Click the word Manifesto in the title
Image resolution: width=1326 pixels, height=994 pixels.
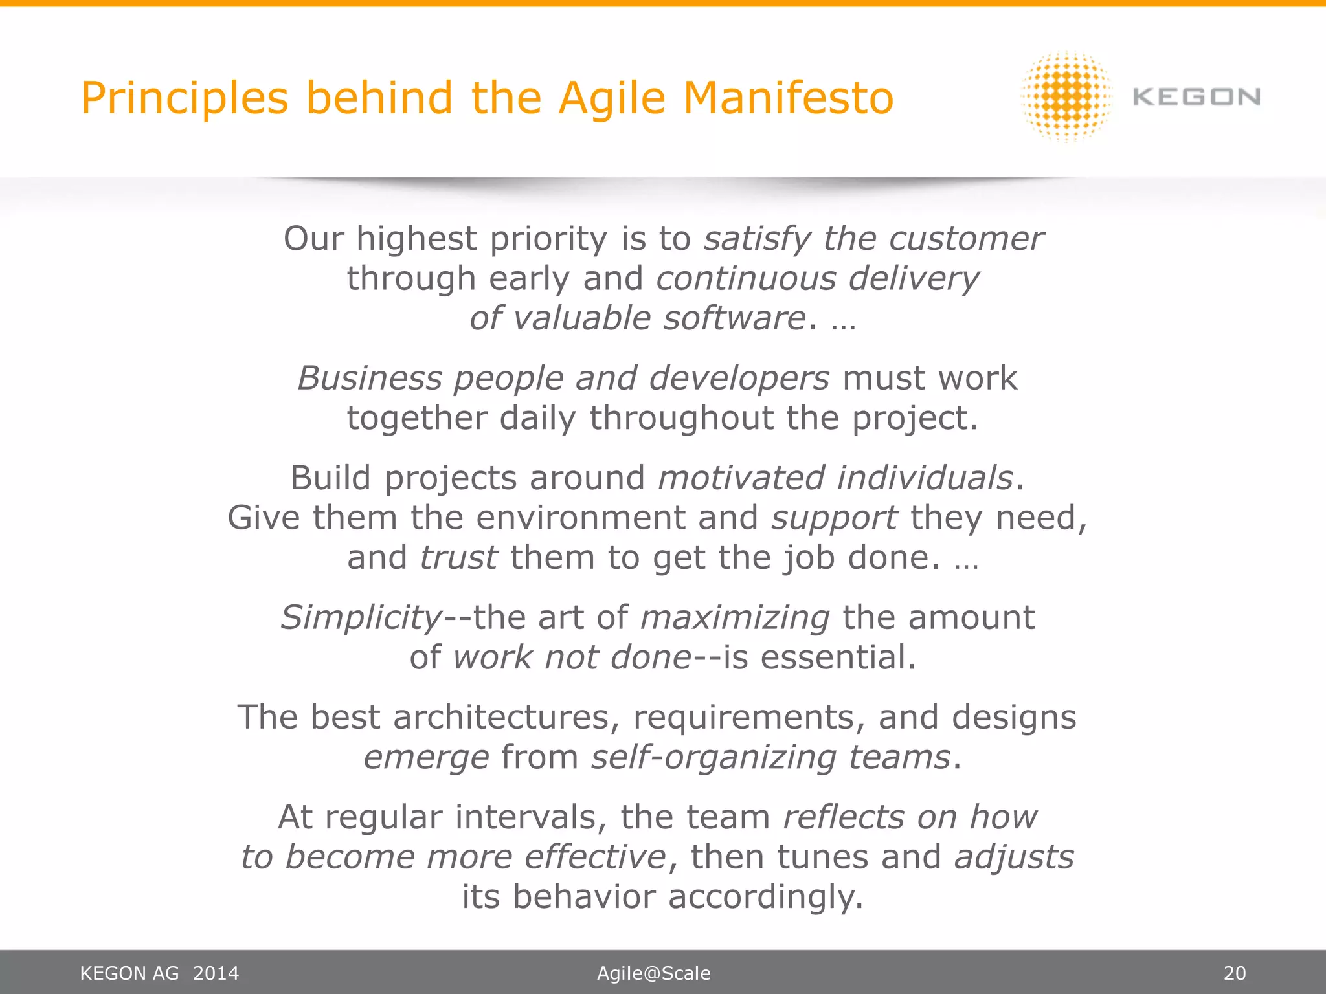pyautogui.click(x=788, y=98)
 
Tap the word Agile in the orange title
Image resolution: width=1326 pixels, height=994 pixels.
pyautogui.click(x=612, y=98)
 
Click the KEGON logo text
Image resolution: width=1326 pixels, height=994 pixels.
pyautogui.click(x=1197, y=97)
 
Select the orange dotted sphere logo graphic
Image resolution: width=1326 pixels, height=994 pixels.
pyautogui.click(x=1066, y=97)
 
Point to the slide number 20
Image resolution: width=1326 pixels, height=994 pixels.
pyautogui.click(x=1234, y=973)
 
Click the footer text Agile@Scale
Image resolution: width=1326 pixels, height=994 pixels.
pyautogui.click(x=653, y=973)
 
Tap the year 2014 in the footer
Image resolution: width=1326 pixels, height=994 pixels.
pyautogui.click(x=216, y=973)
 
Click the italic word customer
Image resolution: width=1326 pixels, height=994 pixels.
pyautogui.click(x=966, y=239)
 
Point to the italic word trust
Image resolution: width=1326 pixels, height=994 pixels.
pyautogui.click(x=458, y=558)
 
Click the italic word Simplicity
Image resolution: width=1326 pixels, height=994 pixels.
pyautogui.click(x=361, y=617)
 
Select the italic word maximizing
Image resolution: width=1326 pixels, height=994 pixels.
pyautogui.click(x=734, y=617)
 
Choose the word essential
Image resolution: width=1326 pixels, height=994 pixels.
pyautogui.click(x=838, y=657)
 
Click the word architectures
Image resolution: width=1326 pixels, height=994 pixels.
pyautogui.click(x=501, y=718)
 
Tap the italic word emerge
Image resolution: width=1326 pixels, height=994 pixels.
pyautogui.click(x=426, y=758)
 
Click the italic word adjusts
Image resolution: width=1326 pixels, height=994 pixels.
pyautogui.click(x=1014, y=857)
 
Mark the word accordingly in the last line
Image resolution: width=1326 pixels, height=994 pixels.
pyautogui.click(x=765, y=898)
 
